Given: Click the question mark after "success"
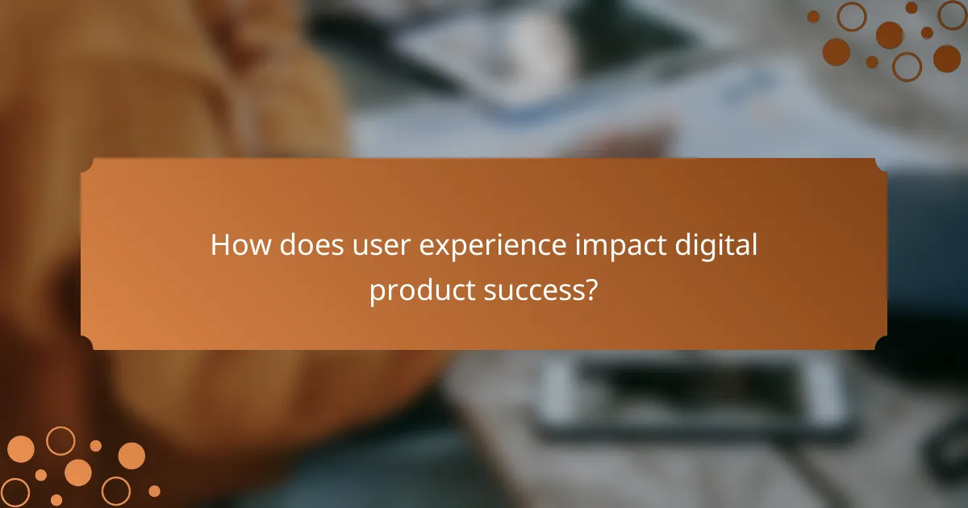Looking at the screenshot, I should pos(590,290).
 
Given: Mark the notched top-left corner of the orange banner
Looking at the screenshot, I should pos(86,164).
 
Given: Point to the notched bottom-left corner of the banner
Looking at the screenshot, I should pos(86,344).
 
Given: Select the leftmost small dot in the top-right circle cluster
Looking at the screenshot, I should pos(814,16).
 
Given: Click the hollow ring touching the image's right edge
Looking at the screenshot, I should pos(953,15).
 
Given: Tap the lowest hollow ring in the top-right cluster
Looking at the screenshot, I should pos(907,67).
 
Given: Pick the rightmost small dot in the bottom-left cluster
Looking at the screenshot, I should pos(154,490).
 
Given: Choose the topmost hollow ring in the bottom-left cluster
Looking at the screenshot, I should pos(60,440).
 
